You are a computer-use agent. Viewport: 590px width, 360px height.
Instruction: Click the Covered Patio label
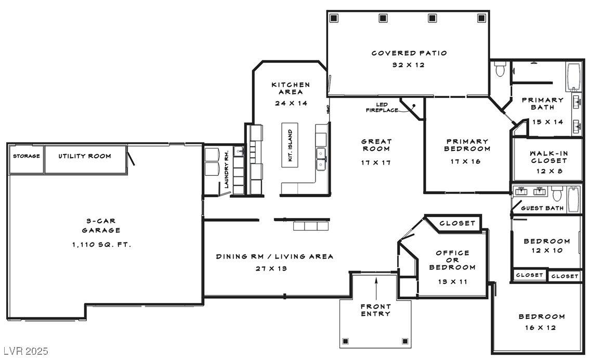409,53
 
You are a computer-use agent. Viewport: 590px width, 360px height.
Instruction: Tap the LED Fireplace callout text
382,107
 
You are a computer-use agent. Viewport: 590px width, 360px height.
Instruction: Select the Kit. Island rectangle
290,145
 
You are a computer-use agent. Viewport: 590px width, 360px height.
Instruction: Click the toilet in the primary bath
500,69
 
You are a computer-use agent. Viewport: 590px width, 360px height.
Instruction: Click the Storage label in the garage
27,156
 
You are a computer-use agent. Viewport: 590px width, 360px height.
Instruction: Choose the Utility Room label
85,156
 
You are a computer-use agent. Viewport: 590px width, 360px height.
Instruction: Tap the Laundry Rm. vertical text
226,170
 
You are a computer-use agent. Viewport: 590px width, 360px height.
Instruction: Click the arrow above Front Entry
376,289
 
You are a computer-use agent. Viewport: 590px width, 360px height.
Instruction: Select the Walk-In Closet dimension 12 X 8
549,171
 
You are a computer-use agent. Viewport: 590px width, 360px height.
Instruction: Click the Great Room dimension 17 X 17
376,163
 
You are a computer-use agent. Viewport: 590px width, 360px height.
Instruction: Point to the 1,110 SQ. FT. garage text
101,245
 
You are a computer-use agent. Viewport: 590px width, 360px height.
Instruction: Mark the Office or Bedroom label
452,260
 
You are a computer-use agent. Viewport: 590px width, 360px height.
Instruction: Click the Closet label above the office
457,223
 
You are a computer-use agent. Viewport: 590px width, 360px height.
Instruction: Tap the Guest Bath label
542,208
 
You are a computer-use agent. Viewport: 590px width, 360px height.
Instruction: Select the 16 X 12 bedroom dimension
541,328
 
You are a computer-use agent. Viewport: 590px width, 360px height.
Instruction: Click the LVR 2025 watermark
25,351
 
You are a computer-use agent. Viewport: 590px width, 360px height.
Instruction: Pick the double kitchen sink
321,159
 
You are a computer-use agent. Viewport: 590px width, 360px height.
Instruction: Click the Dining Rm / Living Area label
274,257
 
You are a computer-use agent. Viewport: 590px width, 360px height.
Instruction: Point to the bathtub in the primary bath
574,76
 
